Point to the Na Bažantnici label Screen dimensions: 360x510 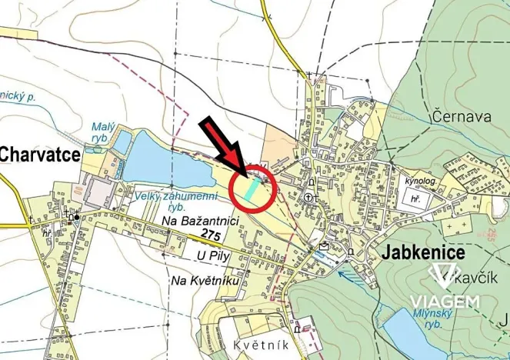(x=202, y=221)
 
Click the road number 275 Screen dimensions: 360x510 (x=212, y=232)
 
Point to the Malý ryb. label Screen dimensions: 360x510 (x=102, y=132)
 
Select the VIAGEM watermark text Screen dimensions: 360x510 (x=445, y=302)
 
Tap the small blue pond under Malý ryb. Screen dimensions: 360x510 (x=121, y=142)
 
